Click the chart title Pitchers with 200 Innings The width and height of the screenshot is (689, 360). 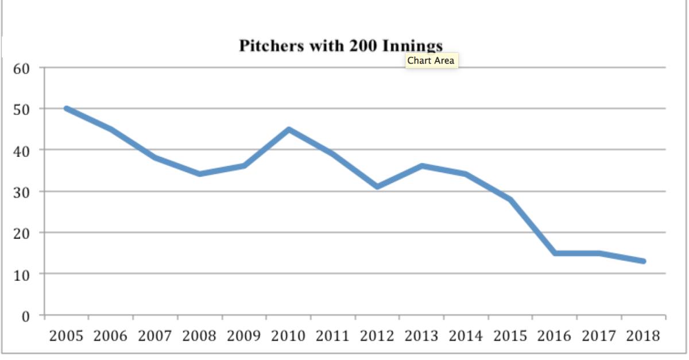pos(340,46)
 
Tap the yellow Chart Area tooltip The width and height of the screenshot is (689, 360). pos(431,60)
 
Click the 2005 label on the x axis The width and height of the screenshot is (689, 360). pos(67,336)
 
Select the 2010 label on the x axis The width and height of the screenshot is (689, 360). pos(289,336)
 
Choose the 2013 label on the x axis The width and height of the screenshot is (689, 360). pos(422,336)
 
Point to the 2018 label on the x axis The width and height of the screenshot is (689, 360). pos(644,336)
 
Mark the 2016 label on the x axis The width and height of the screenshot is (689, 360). pos(555,336)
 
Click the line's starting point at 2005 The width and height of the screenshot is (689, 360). pos(67,109)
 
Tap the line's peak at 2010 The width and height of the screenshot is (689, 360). pos(289,129)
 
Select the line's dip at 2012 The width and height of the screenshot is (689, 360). pos(377,187)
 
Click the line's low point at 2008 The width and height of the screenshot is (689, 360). pos(200,174)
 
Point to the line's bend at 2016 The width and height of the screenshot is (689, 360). pos(555,253)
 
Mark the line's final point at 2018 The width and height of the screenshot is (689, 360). pos(644,261)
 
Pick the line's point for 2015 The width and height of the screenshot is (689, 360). pos(510,199)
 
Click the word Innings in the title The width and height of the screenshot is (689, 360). pos(411,46)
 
